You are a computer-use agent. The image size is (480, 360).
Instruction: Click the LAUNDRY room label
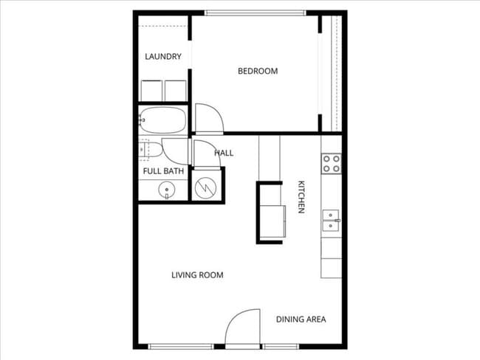pos(163,57)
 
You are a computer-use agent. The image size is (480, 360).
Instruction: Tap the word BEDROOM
pos(257,72)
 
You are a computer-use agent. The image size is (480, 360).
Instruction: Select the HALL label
pos(224,153)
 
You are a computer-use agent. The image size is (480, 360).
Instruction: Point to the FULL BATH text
pos(163,171)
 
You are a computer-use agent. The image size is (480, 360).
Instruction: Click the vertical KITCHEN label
pos(301,197)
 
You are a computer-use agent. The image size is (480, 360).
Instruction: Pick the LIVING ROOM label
pos(197,275)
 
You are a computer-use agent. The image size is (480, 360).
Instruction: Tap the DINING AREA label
pos(301,319)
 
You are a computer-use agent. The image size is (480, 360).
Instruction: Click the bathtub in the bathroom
pos(163,120)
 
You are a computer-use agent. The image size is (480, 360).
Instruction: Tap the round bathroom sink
pos(168,190)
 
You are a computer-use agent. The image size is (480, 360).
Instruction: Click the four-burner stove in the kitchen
pos(331,163)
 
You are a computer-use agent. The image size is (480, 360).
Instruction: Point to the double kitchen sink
pos(331,221)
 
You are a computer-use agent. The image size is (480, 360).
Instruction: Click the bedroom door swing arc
pos(208,118)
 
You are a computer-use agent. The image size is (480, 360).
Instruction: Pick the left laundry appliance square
pos(151,91)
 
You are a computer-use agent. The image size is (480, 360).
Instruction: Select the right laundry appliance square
pos(176,91)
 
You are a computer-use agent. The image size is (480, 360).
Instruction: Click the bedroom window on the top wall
pos(255,13)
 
